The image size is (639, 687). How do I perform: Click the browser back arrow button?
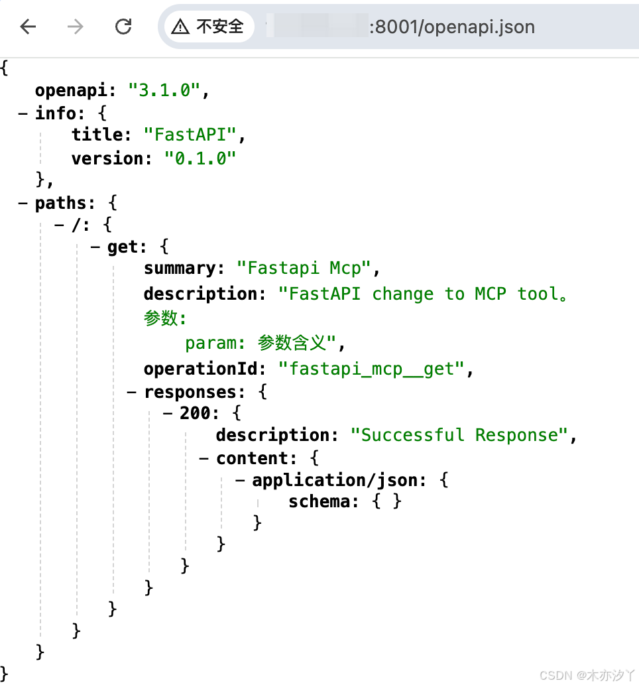(x=28, y=27)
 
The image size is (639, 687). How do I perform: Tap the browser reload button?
(x=123, y=27)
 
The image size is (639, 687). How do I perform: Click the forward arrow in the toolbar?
(x=76, y=27)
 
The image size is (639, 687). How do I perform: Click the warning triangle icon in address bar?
(x=180, y=27)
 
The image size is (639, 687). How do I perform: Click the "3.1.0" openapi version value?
(x=164, y=90)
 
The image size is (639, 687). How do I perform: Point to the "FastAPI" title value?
(x=190, y=135)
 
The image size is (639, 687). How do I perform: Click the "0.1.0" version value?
(x=200, y=158)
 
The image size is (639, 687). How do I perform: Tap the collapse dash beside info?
(x=23, y=113)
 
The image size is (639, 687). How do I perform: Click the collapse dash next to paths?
(x=23, y=202)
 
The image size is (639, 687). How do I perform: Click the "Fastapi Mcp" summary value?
(x=304, y=269)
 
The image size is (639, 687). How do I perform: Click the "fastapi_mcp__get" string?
(x=371, y=369)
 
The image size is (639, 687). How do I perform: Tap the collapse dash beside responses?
(x=132, y=392)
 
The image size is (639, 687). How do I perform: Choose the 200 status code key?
(x=197, y=413)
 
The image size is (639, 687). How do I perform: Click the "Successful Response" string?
(x=459, y=435)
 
